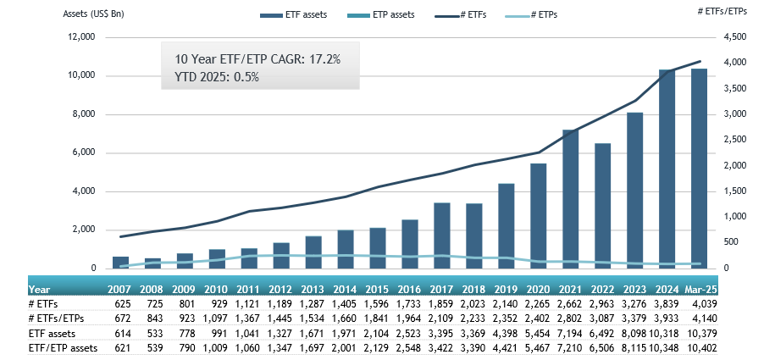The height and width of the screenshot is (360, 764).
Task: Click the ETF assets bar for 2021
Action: pyautogui.click(x=571, y=199)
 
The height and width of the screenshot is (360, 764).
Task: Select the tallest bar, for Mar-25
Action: pyautogui.click(x=699, y=169)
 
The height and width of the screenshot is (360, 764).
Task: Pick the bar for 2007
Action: pyautogui.click(x=121, y=262)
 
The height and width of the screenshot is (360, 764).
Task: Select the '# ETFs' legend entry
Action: pyautogui.click(x=476, y=15)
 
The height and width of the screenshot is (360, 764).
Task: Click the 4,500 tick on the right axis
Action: pyautogui.click(x=735, y=37)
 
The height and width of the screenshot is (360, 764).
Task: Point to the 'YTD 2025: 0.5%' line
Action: pyautogui.click(x=216, y=76)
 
